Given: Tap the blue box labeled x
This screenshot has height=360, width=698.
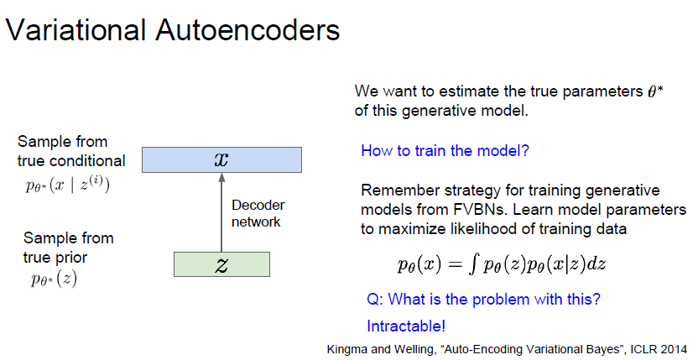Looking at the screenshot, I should click(221, 159).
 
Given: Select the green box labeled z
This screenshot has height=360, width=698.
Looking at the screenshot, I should click(221, 263).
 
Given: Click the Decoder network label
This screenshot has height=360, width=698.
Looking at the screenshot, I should click(257, 214).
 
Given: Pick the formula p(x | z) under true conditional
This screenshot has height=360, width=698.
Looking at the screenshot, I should click(67, 185).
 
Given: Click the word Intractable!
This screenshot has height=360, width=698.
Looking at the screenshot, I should click(406, 326).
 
